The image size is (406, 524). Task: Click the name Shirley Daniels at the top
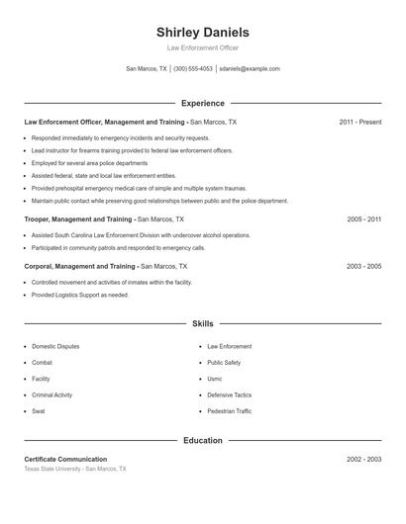click(202, 33)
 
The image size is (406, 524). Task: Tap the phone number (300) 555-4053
click(193, 69)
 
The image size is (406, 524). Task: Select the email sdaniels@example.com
click(250, 69)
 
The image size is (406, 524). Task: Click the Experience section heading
click(202, 103)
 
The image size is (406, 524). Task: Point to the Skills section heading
click(202, 323)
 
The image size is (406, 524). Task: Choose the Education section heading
click(202, 440)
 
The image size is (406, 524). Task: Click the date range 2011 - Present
click(359, 123)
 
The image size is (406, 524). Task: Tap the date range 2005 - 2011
click(363, 218)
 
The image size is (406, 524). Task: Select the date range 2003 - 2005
click(363, 266)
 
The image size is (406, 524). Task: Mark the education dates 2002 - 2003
click(363, 460)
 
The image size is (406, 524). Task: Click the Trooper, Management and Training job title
click(78, 218)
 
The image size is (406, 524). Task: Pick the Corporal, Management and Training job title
click(80, 266)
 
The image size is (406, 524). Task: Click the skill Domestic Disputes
click(55, 347)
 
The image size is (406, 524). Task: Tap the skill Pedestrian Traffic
click(229, 411)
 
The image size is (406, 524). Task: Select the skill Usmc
click(214, 379)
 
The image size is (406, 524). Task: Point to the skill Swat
click(38, 411)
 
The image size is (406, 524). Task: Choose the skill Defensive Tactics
click(229, 394)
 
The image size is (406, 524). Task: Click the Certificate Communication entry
click(65, 460)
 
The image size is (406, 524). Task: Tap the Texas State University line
click(74, 469)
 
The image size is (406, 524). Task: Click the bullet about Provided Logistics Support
click(79, 295)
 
